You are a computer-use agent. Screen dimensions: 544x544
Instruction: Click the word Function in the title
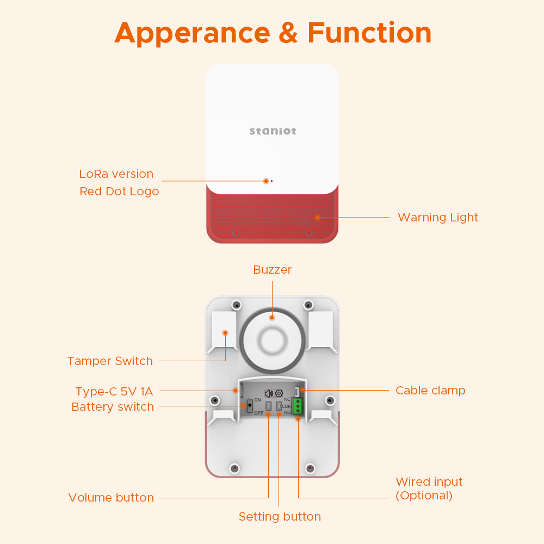point(369,33)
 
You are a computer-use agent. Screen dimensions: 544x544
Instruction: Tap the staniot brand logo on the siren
point(273,131)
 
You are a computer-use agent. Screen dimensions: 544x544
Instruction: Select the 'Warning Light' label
point(438,218)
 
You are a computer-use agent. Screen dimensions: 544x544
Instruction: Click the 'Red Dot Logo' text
point(119,191)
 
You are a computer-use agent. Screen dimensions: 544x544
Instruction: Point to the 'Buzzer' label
point(273,270)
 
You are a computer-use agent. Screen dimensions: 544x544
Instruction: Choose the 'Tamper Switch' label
point(110,361)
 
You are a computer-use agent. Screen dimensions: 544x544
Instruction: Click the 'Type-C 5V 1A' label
point(114,392)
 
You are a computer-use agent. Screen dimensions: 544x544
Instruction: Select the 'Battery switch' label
point(113,407)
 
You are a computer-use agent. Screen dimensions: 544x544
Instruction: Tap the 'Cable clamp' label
point(430,391)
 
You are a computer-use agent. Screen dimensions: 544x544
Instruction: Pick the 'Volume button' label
point(111,498)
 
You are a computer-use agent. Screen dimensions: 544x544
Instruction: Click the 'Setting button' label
point(280,517)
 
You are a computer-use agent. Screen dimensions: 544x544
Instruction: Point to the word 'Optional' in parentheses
point(424,496)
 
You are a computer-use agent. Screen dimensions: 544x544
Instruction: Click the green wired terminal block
point(298,406)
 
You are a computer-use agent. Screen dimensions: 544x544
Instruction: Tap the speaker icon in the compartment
point(268,393)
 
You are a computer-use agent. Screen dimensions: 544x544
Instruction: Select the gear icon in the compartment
point(279,393)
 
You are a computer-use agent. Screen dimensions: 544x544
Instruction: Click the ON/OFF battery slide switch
point(250,406)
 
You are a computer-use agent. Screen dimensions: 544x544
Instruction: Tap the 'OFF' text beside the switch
point(258,413)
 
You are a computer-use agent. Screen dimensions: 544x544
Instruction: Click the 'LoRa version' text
point(116,174)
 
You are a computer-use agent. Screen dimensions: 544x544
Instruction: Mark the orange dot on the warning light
point(317,217)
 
